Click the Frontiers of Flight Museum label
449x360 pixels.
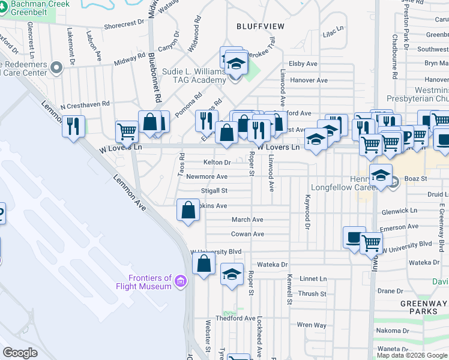pos(149,282)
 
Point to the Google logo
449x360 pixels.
pos(20,353)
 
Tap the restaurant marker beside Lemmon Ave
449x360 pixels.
pos(74,127)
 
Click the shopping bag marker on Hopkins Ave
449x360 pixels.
pos(188,211)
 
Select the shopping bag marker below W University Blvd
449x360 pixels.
pos(205,264)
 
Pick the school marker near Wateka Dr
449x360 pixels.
pos(232,275)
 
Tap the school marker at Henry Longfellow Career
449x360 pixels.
pos(381,176)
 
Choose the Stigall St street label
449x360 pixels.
pos(214,191)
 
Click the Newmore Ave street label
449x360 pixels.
pos(206,176)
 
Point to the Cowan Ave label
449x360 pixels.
pos(247,234)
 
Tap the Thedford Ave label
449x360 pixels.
pos(235,318)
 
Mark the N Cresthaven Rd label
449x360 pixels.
pos(85,104)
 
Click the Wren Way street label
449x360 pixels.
pos(312,325)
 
